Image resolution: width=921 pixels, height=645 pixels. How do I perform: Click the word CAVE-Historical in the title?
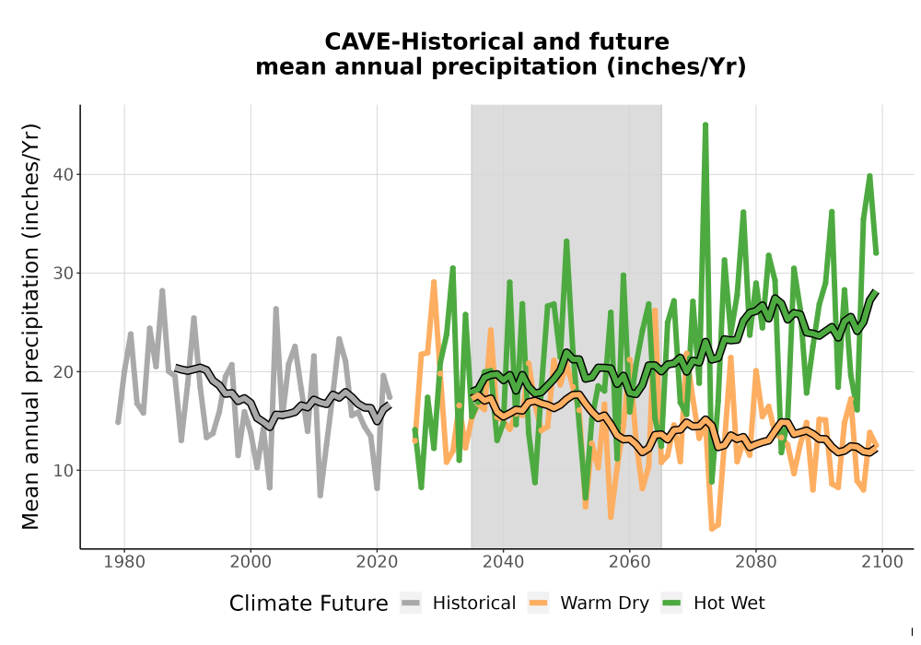pyautogui.click(x=422, y=41)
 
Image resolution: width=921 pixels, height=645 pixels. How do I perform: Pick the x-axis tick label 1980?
pyautogui.click(x=124, y=562)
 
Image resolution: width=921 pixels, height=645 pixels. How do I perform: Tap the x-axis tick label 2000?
pyautogui.click(x=251, y=562)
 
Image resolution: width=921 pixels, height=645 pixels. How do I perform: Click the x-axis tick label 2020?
pyautogui.click(x=377, y=562)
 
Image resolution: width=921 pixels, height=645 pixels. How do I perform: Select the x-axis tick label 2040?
pyautogui.click(x=504, y=562)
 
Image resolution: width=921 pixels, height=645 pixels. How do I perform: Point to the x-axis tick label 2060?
pyautogui.click(x=629, y=562)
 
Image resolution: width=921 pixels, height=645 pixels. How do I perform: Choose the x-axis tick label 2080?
pyautogui.click(x=756, y=562)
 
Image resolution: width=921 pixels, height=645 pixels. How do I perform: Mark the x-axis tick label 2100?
pyautogui.click(x=882, y=562)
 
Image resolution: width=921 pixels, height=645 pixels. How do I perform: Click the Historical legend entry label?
pyautogui.click(x=474, y=604)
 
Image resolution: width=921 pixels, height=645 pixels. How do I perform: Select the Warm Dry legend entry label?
pyautogui.click(x=604, y=604)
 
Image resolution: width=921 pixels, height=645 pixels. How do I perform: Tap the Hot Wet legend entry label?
pyautogui.click(x=729, y=604)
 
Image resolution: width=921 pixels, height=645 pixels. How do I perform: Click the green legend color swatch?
pyautogui.click(x=671, y=604)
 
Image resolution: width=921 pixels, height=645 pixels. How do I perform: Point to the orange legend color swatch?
pyautogui.click(x=538, y=604)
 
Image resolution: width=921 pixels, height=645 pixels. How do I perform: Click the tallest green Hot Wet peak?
pyautogui.click(x=705, y=125)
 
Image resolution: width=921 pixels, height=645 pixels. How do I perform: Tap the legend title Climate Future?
pyautogui.click(x=309, y=604)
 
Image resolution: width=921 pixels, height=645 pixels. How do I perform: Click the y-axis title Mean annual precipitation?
pyautogui.click(x=30, y=326)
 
